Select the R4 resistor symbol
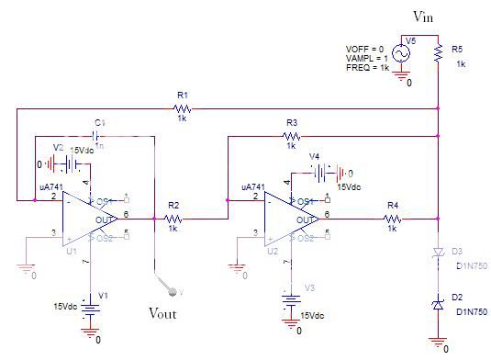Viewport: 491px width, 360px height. pos(393,219)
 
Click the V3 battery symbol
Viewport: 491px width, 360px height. pos(291,298)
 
